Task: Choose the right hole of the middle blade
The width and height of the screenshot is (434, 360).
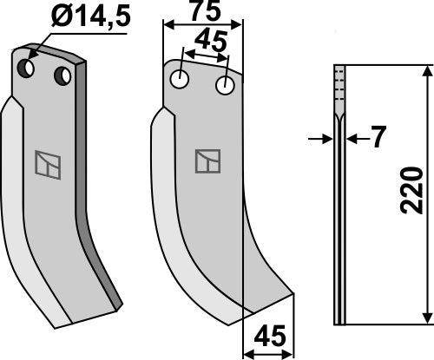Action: pos(225,85)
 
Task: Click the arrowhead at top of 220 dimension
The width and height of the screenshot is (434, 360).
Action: pos(424,72)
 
